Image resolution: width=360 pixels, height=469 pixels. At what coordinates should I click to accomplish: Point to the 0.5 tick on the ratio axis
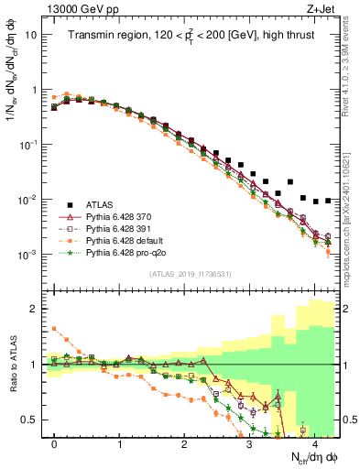(30, 420)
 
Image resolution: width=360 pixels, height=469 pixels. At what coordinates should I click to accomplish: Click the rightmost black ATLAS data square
(327, 201)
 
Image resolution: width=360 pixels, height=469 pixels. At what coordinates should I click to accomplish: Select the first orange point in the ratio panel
(54, 328)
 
